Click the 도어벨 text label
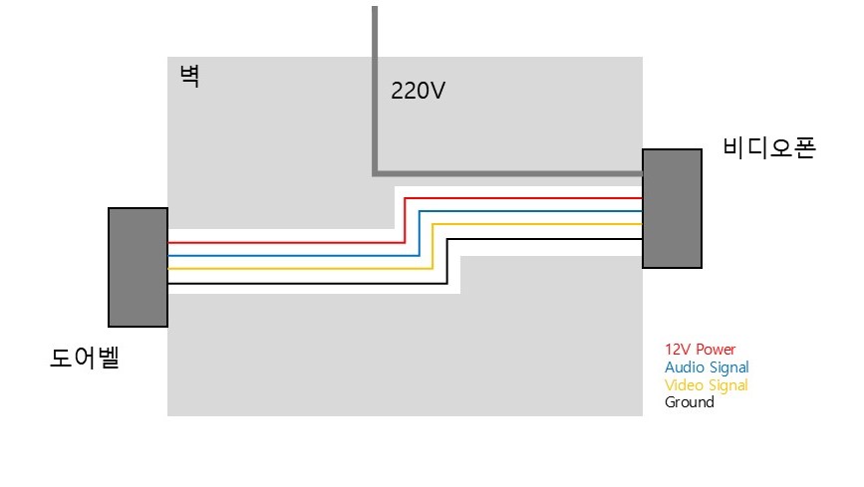(x=85, y=358)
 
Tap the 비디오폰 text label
(x=769, y=148)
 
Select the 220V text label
(x=418, y=91)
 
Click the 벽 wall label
(x=189, y=76)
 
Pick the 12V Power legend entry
(x=700, y=350)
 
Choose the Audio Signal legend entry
(x=707, y=367)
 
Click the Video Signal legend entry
(x=706, y=385)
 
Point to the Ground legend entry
(x=690, y=402)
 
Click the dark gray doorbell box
(x=138, y=267)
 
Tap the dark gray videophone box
(x=673, y=208)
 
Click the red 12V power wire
(x=405, y=220)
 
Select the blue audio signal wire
(x=420, y=234)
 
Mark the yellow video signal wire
(x=432, y=246)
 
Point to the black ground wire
(x=446, y=261)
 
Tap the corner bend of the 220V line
(x=375, y=173)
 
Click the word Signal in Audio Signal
(x=729, y=367)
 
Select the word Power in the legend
(x=716, y=350)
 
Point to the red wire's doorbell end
(x=168, y=242)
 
